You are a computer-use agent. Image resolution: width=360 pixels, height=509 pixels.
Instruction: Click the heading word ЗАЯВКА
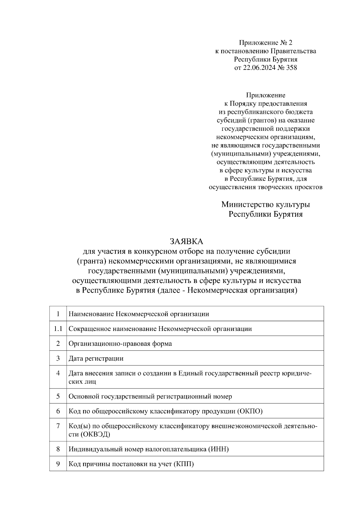[x=186, y=241]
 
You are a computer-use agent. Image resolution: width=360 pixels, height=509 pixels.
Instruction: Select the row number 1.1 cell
[x=58, y=329]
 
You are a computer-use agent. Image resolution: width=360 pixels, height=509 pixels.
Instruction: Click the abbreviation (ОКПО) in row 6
[x=250, y=411]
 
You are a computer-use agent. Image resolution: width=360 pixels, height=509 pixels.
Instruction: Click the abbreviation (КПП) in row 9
[x=183, y=464]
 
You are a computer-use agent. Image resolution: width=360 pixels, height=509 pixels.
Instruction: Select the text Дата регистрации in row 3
[x=96, y=359]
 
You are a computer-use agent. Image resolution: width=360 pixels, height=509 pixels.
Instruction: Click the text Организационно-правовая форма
[x=120, y=344]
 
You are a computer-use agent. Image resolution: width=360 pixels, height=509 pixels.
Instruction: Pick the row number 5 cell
[x=58, y=397]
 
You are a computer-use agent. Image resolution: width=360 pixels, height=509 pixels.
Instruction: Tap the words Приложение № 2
[x=265, y=43]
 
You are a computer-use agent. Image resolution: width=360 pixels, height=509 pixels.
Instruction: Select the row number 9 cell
[x=58, y=464]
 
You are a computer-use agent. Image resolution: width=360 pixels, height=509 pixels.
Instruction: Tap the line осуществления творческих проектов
[x=265, y=187]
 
